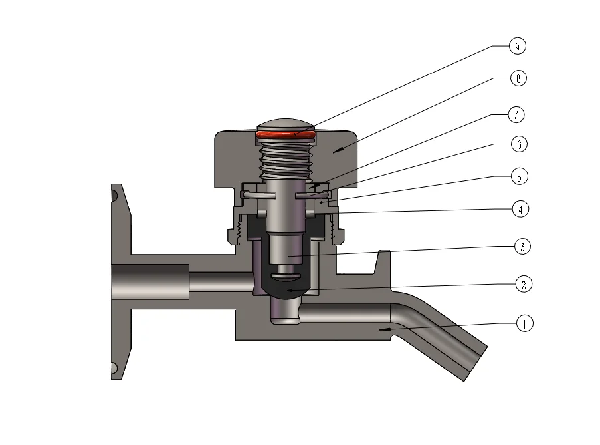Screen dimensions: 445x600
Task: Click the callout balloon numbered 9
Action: pos(517,46)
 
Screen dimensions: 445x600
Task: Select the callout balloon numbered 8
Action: pos(517,78)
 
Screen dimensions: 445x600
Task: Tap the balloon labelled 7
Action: pos(516,114)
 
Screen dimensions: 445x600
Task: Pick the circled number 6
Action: pos(517,144)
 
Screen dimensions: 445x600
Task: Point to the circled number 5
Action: pos(518,177)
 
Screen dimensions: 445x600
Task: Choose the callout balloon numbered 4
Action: pos(520,209)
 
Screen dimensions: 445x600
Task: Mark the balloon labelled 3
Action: pos(523,247)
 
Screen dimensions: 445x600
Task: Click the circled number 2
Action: pos(524,285)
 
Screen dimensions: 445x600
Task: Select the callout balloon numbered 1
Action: pos(524,324)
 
